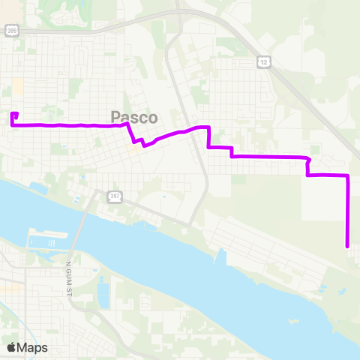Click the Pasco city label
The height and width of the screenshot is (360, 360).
134,118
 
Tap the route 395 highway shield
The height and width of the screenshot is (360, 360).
10,30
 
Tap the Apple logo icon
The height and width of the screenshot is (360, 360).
11,347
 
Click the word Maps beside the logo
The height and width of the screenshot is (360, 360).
32,347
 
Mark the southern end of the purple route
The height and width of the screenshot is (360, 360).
347,245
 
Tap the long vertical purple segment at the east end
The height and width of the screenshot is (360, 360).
348,214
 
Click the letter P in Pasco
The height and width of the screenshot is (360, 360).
116,118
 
